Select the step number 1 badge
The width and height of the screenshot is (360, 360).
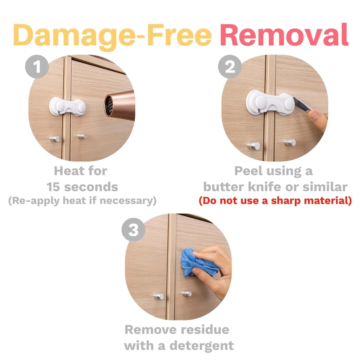(x=37, y=66)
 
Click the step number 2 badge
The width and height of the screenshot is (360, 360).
(x=230, y=66)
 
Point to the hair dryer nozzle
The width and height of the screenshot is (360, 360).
(x=120, y=105)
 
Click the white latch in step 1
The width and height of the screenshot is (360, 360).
(x=67, y=107)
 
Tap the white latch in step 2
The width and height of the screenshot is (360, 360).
(x=270, y=102)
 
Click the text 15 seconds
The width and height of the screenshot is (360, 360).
(x=82, y=187)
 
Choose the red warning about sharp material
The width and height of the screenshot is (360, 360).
(x=275, y=201)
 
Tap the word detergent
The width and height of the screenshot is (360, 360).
(x=201, y=345)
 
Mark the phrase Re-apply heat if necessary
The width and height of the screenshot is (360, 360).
(x=82, y=201)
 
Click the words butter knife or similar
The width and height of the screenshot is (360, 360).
(x=275, y=187)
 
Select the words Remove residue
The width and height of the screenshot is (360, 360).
(x=177, y=330)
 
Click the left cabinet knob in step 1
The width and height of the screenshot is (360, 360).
(x=54, y=139)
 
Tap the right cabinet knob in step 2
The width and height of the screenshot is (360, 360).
(x=290, y=142)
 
